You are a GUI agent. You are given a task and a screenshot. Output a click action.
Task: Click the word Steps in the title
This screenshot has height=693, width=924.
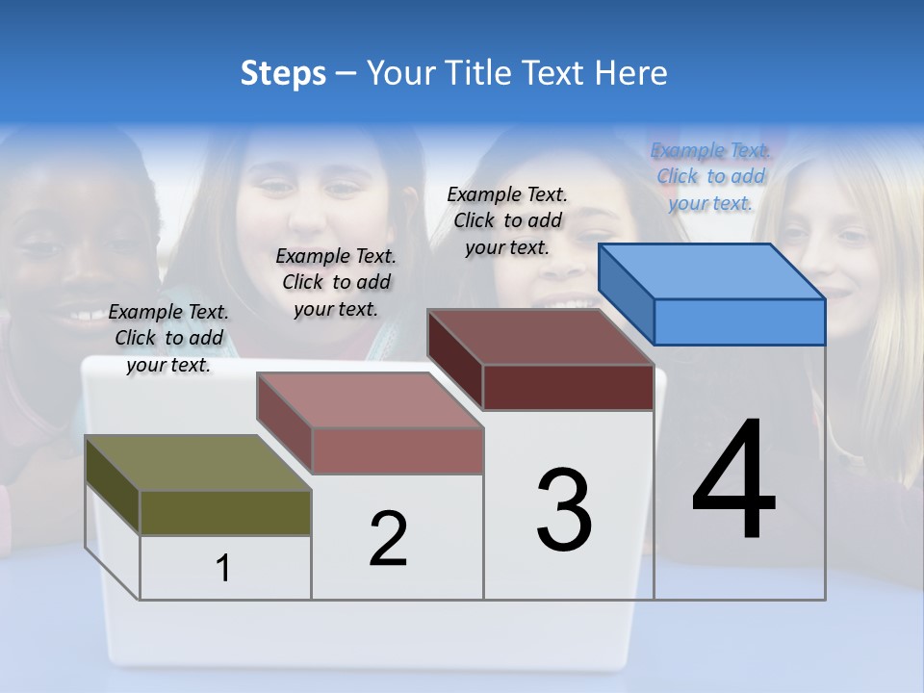[283, 73]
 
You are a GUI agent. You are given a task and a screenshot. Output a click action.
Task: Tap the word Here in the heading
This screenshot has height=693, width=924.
[630, 73]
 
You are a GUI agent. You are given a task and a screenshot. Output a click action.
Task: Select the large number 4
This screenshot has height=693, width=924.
[733, 481]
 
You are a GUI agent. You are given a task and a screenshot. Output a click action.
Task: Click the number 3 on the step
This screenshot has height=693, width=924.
[564, 510]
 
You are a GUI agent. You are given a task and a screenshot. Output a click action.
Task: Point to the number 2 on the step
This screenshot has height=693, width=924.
[389, 539]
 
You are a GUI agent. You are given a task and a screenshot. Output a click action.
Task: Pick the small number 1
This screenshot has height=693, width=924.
[223, 569]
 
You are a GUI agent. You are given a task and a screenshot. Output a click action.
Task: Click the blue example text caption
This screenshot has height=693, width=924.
[711, 176]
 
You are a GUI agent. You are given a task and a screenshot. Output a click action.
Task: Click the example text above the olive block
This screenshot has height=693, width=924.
[168, 338]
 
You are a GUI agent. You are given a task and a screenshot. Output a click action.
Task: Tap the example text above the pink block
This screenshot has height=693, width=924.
[336, 282]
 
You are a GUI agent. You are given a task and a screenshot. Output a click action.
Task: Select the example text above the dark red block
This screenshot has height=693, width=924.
[507, 220]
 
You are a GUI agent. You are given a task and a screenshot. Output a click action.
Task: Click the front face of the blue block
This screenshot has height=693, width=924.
[739, 321]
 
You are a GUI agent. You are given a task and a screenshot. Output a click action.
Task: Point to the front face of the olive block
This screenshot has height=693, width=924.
[225, 512]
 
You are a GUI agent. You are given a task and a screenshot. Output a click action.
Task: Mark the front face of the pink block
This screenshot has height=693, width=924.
[397, 450]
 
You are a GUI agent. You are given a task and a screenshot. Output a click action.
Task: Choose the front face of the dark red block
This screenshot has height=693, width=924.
[568, 387]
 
